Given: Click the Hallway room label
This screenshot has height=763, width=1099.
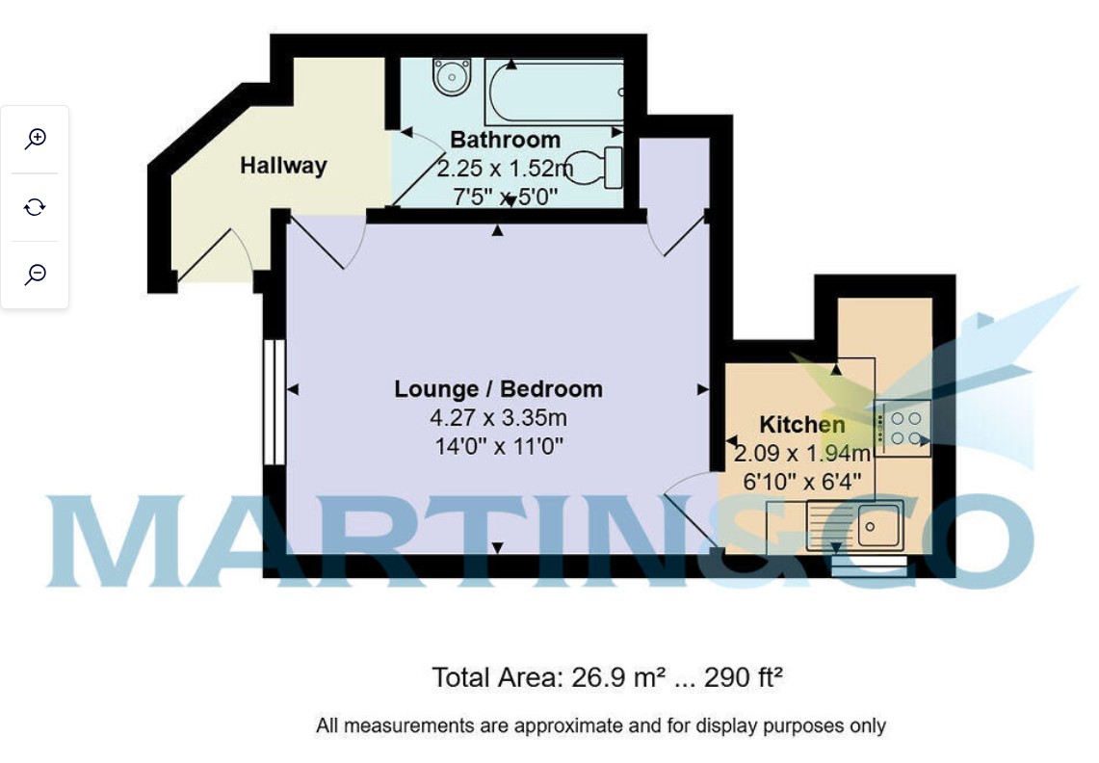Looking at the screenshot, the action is click(x=283, y=166).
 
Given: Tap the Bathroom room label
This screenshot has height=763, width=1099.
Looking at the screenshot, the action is click(x=505, y=140).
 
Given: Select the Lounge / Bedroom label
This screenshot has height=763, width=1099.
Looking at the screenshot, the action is click(x=498, y=388).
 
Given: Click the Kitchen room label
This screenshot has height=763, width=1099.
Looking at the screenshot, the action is click(x=801, y=424).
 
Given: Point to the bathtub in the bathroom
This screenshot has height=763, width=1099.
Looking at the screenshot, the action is click(x=554, y=92).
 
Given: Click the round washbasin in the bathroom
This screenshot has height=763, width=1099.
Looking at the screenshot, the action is click(x=452, y=76).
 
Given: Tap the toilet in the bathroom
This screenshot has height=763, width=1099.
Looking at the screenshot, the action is click(x=593, y=168).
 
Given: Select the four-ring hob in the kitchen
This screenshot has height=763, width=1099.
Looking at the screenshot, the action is click(x=903, y=429).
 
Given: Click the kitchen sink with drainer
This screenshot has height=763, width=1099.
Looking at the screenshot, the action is click(x=854, y=525).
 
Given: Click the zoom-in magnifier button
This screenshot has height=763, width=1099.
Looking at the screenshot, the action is click(x=35, y=139).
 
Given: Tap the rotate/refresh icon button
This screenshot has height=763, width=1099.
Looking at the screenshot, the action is click(x=35, y=207).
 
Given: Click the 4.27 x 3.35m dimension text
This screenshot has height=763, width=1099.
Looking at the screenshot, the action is click(x=498, y=418).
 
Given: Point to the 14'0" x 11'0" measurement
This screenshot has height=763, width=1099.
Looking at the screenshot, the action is click(x=498, y=446).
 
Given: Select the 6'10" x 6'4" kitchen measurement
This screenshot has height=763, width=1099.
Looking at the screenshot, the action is click(x=801, y=482).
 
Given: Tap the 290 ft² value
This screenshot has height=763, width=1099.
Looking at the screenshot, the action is click(x=743, y=677).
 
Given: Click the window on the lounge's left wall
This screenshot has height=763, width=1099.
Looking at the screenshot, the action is click(x=275, y=403).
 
